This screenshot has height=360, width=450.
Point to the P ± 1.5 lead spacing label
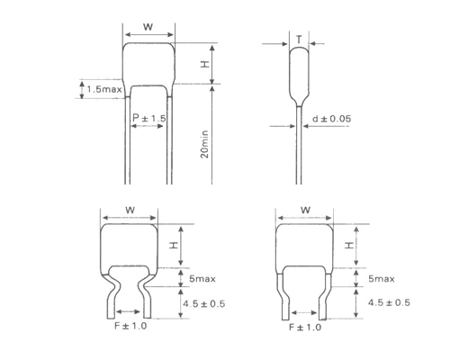click(148, 119)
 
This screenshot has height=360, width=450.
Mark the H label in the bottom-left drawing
click(174, 244)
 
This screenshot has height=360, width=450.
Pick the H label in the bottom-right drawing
click(348, 244)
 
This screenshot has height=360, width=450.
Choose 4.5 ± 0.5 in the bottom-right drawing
click(389, 302)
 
